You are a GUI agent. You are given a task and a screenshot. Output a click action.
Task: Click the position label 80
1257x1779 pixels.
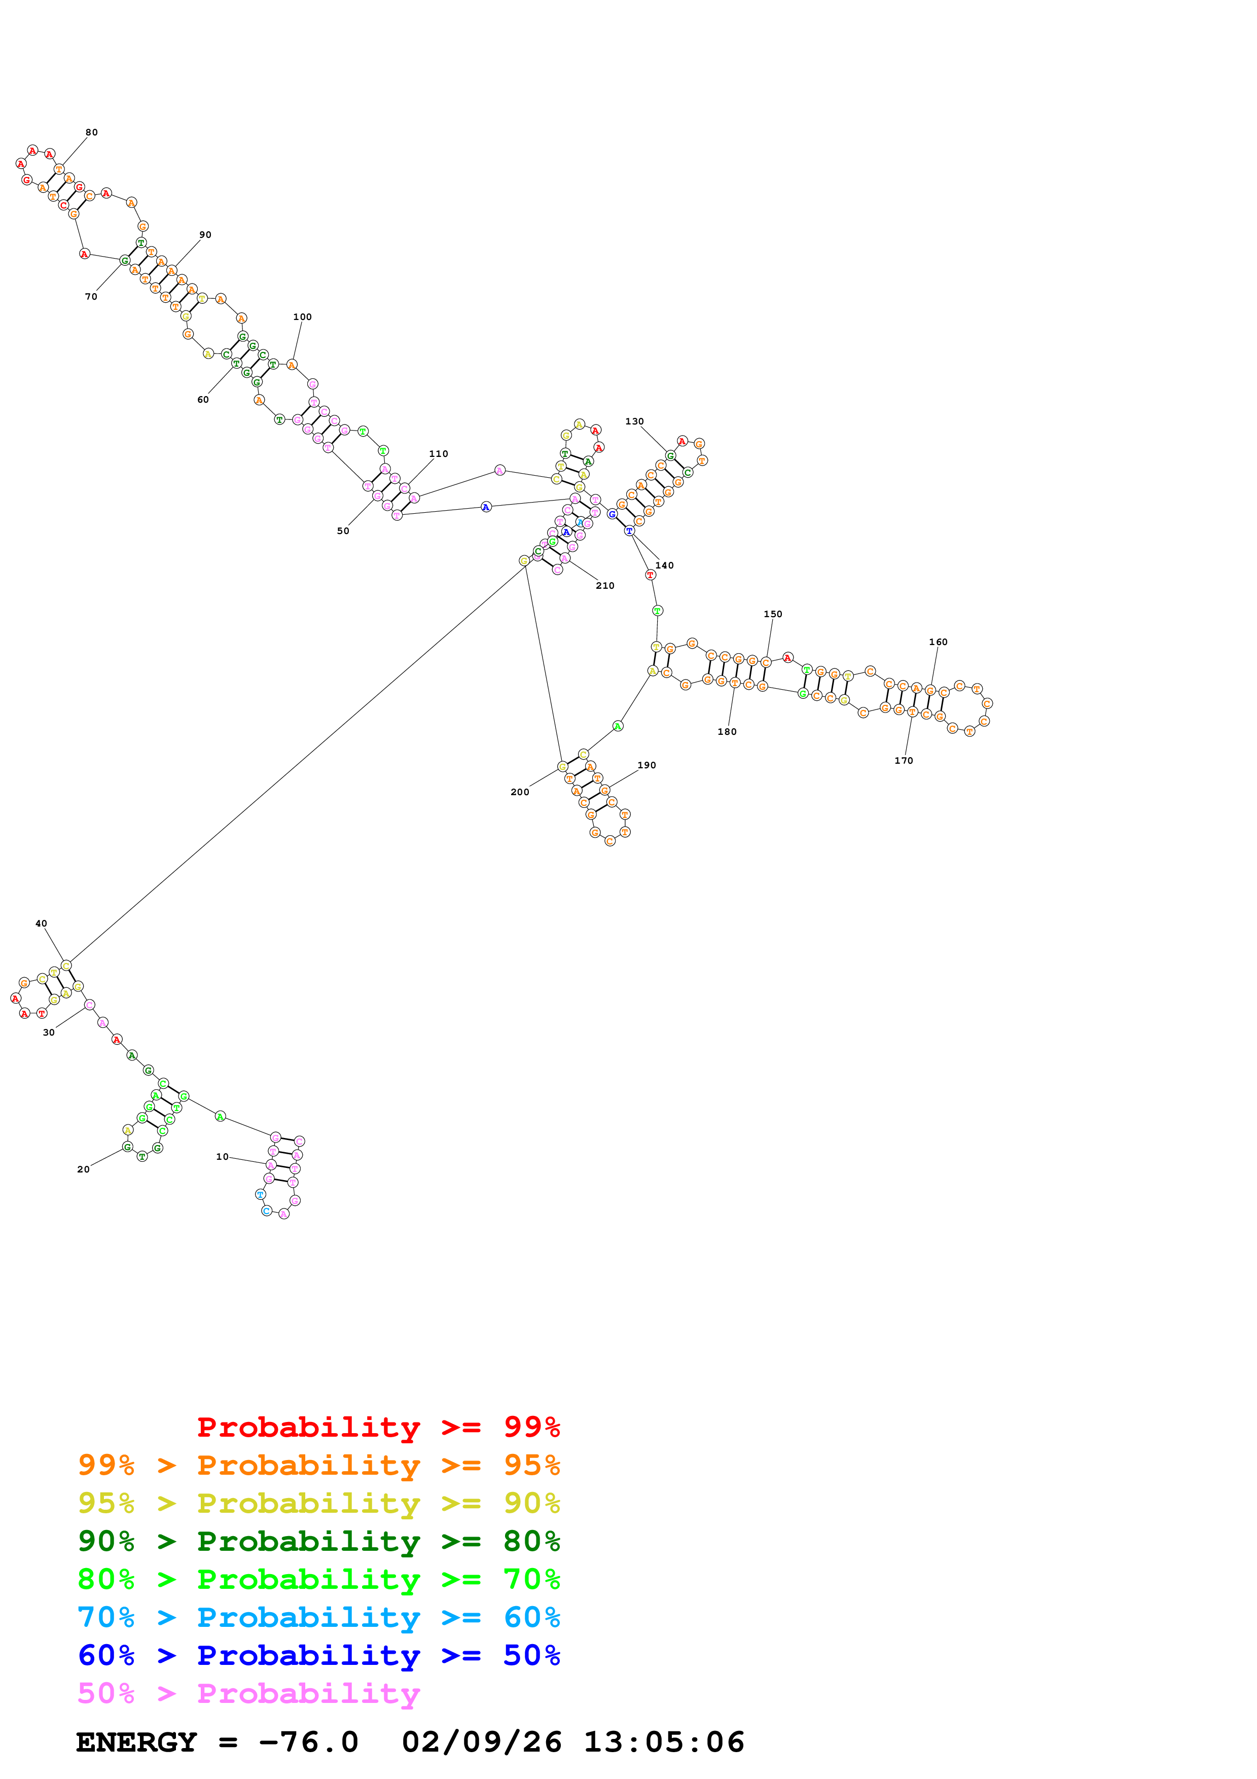click(x=91, y=132)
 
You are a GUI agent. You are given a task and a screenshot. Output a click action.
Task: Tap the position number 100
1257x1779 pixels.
click(x=302, y=317)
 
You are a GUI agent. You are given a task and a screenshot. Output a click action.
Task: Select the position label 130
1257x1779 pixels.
click(x=634, y=421)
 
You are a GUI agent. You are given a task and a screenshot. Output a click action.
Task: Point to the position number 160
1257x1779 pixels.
click(x=938, y=643)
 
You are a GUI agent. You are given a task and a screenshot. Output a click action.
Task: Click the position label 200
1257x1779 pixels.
click(x=520, y=792)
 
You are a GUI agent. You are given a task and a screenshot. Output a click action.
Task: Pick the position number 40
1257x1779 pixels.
click(x=41, y=923)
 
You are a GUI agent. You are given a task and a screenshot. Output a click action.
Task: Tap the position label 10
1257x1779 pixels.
click(x=222, y=1157)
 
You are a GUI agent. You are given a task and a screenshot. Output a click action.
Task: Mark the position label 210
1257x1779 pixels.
click(x=605, y=586)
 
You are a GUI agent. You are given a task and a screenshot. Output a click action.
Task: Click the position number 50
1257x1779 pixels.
click(x=343, y=531)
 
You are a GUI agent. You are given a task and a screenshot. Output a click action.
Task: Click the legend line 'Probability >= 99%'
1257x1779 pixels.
click(x=378, y=1427)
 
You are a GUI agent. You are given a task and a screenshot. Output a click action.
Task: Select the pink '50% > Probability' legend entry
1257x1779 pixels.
click(x=248, y=1694)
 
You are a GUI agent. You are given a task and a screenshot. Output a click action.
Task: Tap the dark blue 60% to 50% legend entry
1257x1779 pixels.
click(x=318, y=1656)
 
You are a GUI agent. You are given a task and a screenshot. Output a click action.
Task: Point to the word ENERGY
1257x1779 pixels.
click(x=136, y=1742)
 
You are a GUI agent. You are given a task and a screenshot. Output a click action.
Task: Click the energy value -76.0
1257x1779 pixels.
click(x=308, y=1742)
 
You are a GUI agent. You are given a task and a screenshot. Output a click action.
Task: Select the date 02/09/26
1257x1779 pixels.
click(x=481, y=1742)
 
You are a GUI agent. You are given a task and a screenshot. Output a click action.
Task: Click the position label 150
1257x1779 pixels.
click(x=772, y=615)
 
